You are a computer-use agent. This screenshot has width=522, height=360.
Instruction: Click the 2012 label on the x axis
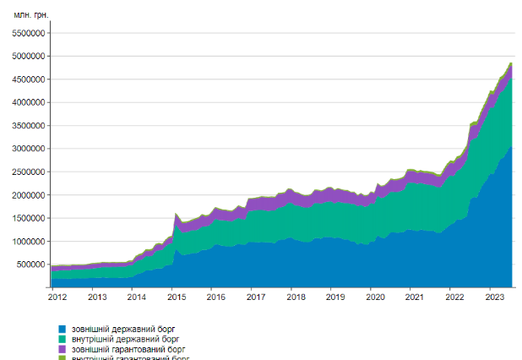point(57,297)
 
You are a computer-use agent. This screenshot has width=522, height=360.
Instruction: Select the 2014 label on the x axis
point(135,297)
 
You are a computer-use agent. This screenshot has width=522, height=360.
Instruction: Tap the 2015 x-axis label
point(175,297)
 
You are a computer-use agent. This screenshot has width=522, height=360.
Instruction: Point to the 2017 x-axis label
point(255,297)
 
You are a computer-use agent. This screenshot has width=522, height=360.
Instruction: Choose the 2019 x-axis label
point(334,297)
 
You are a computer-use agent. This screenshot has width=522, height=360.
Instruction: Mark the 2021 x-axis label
point(415,297)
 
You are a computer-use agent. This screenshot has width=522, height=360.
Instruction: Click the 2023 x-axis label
point(494,297)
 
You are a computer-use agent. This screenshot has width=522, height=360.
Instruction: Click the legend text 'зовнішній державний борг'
point(122,328)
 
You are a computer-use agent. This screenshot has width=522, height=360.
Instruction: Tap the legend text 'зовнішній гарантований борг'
point(127,348)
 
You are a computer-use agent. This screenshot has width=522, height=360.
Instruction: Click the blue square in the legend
point(62,328)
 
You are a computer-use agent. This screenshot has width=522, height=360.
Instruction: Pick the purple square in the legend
point(62,348)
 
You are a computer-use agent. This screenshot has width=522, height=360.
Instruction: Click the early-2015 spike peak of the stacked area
point(175,214)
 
